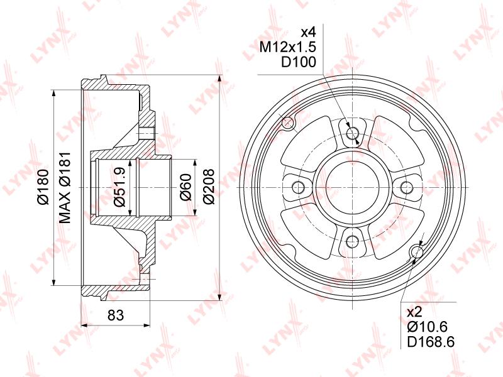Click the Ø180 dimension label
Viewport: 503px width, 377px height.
click(x=43, y=187)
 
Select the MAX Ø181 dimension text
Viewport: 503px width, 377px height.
click(x=65, y=187)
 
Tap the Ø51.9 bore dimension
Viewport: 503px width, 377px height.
click(x=119, y=187)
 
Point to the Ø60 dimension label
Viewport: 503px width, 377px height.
click(x=186, y=187)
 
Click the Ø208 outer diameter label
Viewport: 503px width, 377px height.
click(x=209, y=186)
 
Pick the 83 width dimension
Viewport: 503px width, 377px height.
click(x=116, y=315)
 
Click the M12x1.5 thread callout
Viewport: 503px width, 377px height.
click(x=288, y=47)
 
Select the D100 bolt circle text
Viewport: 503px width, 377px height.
click(x=299, y=62)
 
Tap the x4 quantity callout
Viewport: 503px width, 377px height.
click(x=308, y=32)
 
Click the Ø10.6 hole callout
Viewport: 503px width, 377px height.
click(x=427, y=327)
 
